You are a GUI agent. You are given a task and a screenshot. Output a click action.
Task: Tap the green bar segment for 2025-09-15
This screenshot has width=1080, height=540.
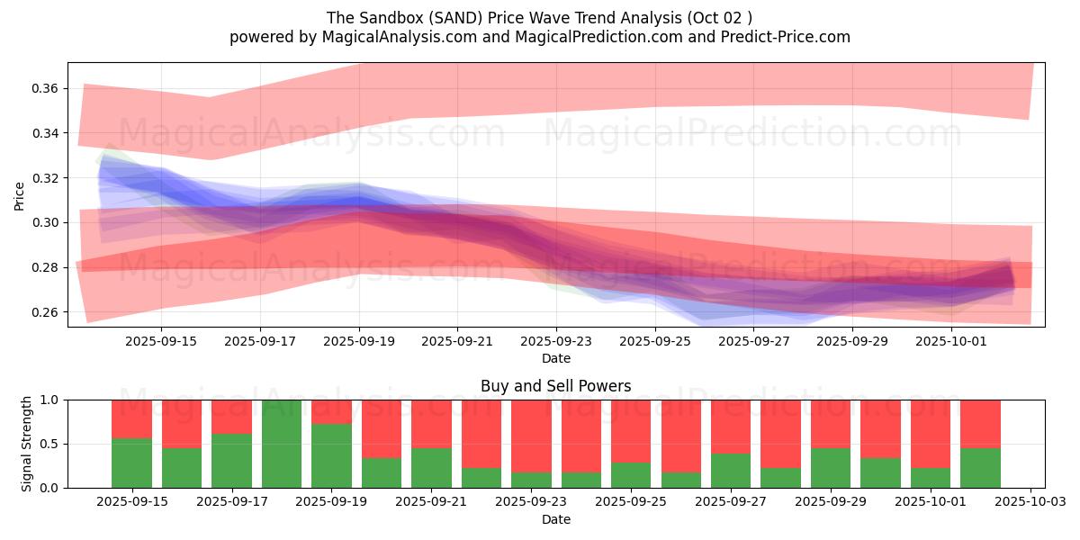click(x=131, y=463)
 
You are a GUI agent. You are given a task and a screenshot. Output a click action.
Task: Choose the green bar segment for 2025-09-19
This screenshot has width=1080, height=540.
click(x=331, y=455)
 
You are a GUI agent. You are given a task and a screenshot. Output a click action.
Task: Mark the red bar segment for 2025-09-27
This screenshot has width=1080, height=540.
click(x=731, y=426)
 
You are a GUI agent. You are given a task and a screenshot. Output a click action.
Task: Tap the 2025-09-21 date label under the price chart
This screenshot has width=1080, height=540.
click(x=457, y=341)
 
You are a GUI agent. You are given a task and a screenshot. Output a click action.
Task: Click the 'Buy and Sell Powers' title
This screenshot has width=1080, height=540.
click(x=555, y=386)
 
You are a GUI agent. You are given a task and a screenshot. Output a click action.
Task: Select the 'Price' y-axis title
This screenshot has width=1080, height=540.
click(x=19, y=195)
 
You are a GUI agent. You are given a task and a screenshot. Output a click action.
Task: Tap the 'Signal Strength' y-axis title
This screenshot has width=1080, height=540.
click(x=27, y=443)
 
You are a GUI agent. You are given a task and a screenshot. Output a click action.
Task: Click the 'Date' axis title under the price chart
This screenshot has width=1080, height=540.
click(x=555, y=358)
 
